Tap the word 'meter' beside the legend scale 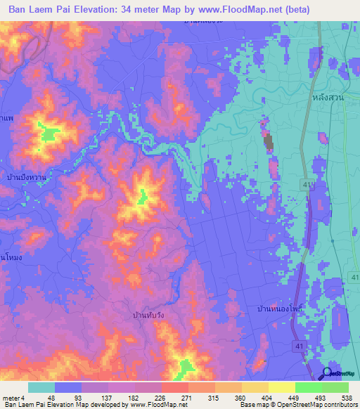[9, 398]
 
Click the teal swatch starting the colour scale [41, 387]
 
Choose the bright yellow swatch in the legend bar [281, 387]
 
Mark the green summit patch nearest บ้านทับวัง [186, 366]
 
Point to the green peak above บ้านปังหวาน [49, 133]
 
